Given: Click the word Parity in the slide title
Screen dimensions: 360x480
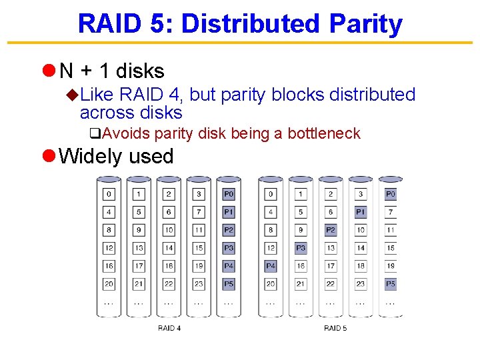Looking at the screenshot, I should pyautogui.click(x=365, y=24).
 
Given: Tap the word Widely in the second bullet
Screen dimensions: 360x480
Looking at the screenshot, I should pyautogui.click(x=86, y=156).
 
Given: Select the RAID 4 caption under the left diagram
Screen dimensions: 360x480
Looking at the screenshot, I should pyautogui.click(x=169, y=328).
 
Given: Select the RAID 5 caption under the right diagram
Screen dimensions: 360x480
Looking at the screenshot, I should pyautogui.click(x=335, y=328).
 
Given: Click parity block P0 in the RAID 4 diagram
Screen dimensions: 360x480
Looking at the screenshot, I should pyautogui.click(x=229, y=194).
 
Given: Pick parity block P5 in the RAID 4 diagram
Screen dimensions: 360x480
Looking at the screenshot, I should pyautogui.click(x=229, y=284).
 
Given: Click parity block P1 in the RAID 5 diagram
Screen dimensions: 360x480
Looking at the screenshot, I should pyautogui.click(x=361, y=212).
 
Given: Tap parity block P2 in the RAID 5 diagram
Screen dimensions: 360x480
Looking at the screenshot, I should pyautogui.click(x=331, y=230).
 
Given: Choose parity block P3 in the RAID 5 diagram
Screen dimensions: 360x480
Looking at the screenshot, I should pyautogui.click(x=301, y=248).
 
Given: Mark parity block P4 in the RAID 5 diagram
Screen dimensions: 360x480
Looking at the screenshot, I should pyautogui.click(x=271, y=266).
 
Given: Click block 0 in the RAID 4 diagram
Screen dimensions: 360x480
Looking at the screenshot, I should pyautogui.click(x=109, y=194).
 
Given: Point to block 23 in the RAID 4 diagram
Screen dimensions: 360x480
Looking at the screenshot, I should pyautogui.click(x=199, y=284).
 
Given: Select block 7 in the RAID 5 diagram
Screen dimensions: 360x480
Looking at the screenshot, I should pyautogui.click(x=391, y=212).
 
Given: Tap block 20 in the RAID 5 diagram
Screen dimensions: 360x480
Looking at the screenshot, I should pyautogui.click(x=271, y=284).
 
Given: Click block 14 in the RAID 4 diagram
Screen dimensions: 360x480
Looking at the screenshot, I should pyautogui.click(x=169, y=248).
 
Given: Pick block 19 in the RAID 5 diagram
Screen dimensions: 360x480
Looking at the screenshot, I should pyautogui.click(x=391, y=266).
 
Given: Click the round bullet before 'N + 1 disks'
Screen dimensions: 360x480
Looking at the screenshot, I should pyautogui.click(x=48, y=70).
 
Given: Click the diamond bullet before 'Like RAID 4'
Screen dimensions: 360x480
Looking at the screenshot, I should pyautogui.click(x=73, y=95).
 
